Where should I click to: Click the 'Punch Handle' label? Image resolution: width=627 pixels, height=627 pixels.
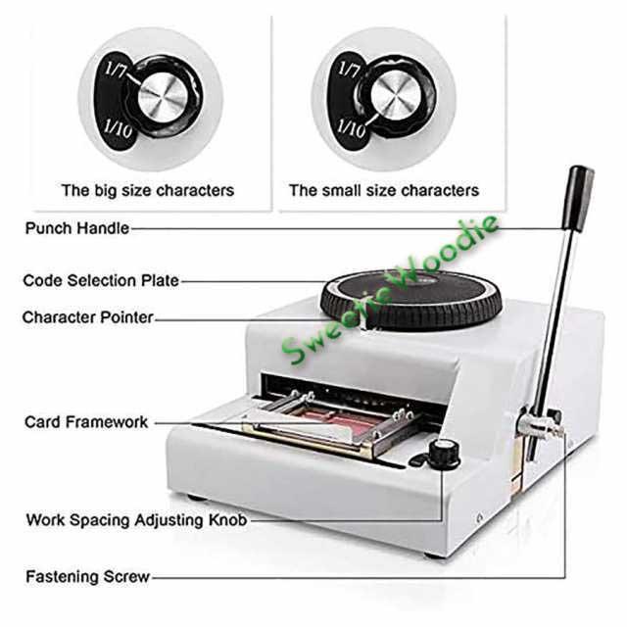(77, 228)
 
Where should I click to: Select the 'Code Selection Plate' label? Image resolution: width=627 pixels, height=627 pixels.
(101, 280)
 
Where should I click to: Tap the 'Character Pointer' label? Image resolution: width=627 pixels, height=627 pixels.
(88, 317)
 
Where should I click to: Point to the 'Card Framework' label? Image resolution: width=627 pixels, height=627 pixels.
(86, 422)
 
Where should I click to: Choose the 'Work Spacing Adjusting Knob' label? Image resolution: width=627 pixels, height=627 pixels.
(137, 520)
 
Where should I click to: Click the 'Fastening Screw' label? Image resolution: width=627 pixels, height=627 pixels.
(87, 577)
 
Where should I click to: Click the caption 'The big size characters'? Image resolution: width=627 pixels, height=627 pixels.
(148, 190)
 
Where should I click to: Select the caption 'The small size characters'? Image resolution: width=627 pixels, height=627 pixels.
(384, 190)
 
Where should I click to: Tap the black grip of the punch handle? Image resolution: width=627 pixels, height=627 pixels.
(577, 199)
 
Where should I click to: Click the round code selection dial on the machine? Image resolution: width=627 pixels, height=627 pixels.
(411, 300)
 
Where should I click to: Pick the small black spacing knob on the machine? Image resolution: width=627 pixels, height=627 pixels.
(444, 455)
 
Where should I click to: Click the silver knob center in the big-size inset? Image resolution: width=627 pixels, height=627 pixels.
(163, 97)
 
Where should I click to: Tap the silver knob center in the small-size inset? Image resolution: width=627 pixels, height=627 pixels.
(396, 96)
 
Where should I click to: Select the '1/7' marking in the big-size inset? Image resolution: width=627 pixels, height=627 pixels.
(116, 71)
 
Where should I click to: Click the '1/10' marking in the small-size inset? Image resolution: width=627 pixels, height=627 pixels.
(351, 128)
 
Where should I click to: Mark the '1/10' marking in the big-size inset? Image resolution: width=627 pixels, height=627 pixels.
(118, 128)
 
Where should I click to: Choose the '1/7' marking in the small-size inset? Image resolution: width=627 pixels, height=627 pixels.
(349, 70)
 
